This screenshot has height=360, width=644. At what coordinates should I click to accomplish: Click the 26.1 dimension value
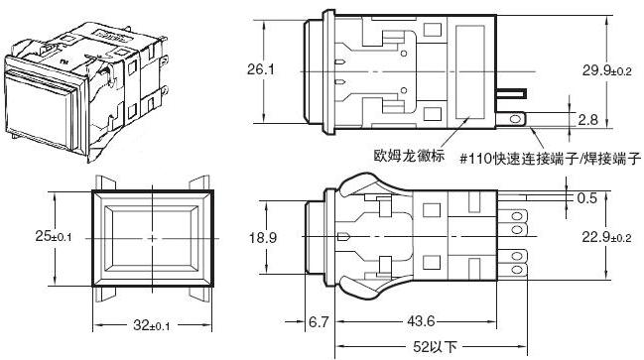(260, 69)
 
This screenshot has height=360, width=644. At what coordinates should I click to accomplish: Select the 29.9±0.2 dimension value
(607, 69)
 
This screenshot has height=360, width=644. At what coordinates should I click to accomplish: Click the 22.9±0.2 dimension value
(607, 239)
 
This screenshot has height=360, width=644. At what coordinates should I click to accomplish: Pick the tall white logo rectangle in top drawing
(468, 70)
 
